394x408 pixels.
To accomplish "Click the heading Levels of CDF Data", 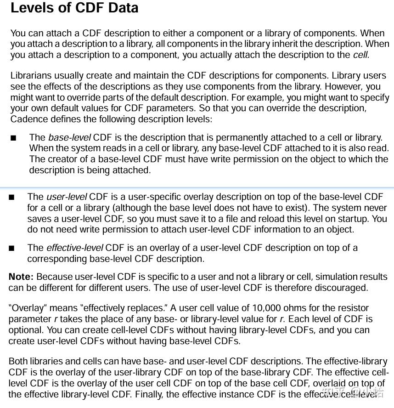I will pyautogui.click(x=74, y=8).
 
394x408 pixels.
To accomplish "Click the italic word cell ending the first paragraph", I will pyautogui.click(x=361, y=55).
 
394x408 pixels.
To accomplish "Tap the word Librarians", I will pyautogui.click(x=31, y=75).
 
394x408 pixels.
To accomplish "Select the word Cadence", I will pyautogui.click(x=29, y=119).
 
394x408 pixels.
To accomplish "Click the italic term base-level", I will pyautogui.click(x=70, y=137).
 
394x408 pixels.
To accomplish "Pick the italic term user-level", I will pyautogui.click(x=67, y=197).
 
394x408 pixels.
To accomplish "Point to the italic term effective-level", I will pyautogui.click(x=74, y=248).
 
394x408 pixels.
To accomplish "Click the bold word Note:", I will pyautogui.click(x=21, y=277).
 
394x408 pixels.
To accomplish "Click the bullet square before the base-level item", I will pyautogui.click(x=13, y=138).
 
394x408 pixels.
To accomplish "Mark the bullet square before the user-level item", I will pyautogui.click(x=11, y=197).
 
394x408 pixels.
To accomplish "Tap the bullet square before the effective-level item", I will pyautogui.click(x=11, y=248).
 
